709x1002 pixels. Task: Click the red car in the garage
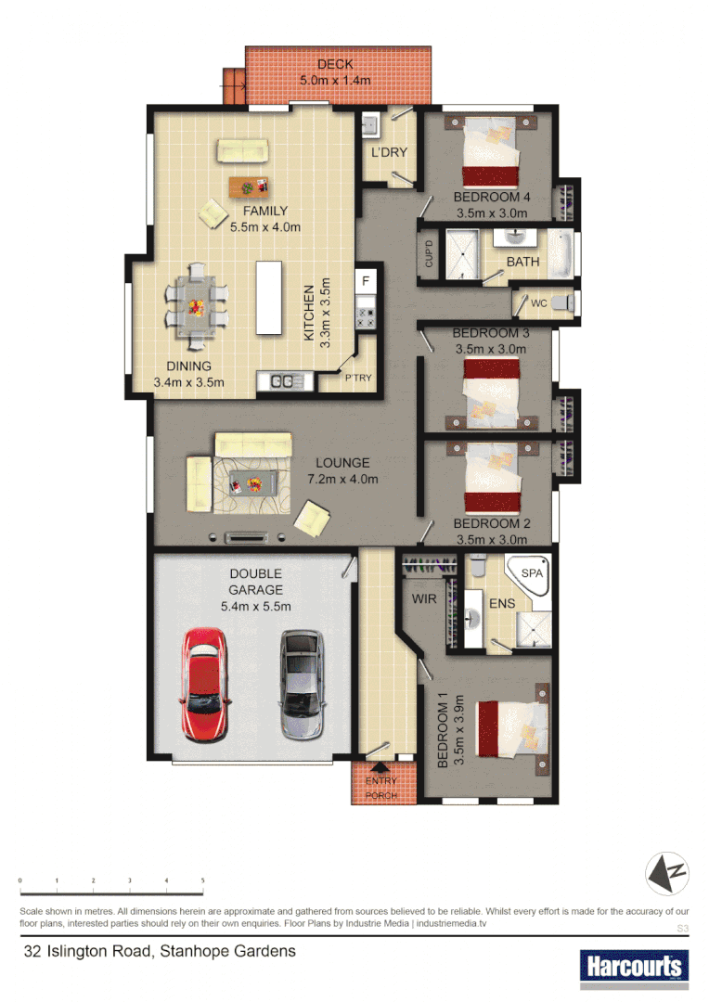click(204, 684)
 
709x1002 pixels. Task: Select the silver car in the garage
click(302, 684)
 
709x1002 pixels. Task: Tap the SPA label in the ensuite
click(532, 574)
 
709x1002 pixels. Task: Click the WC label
click(538, 302)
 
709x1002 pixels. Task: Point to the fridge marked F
click(366, 280)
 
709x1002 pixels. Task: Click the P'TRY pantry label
click(358, 378)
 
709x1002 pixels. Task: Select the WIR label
click(424, 600)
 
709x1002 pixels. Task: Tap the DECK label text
click(335, 64)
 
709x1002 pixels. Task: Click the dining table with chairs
click(196, 304)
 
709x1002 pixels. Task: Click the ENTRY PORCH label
click(380, 789)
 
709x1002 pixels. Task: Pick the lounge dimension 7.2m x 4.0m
click(342, 480)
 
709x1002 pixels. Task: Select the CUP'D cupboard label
click(428, 253)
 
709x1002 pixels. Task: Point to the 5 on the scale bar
click(202, 880)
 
